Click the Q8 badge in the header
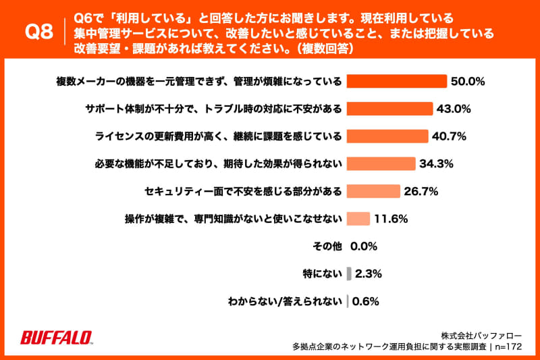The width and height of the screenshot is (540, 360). [x=38, y=31]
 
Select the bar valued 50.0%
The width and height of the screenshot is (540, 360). [x=396, y=81]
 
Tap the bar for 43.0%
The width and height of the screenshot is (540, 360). [x=389, y=109]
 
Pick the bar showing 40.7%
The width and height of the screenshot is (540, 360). [x=387, y=136]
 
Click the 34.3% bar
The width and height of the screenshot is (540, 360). [x=380, y=163]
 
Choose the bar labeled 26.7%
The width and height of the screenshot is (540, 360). [x=373, y=191]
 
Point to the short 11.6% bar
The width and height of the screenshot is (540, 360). [x=358, y=219]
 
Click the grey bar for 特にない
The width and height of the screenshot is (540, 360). [x=349, y=274]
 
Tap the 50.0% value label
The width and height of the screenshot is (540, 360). [x=468, y=81]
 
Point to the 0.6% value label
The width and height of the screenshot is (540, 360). [x=365, y=301]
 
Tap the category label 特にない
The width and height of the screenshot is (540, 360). [x=323, y=274]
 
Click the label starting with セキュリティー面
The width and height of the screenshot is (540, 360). [x=242, y=191]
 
